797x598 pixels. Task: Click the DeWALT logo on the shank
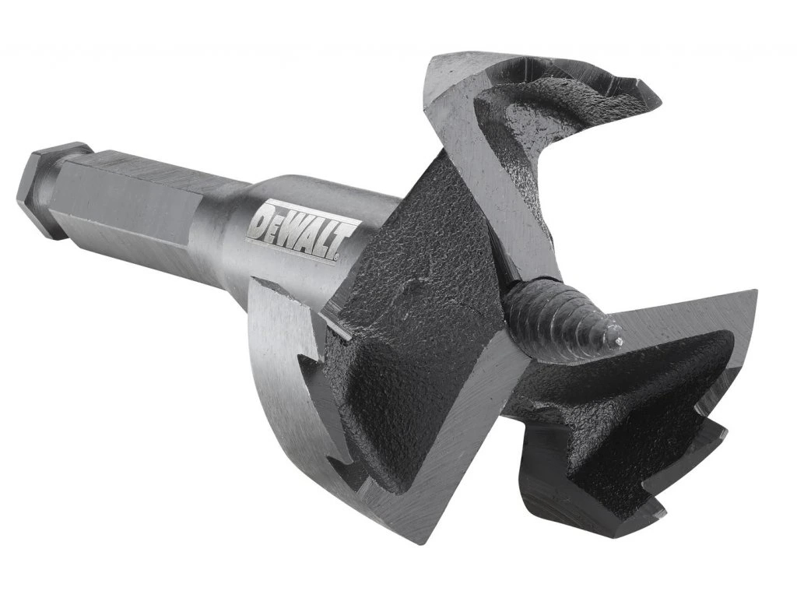tap(302, 231)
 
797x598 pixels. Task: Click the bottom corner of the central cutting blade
tap(424, 537)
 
